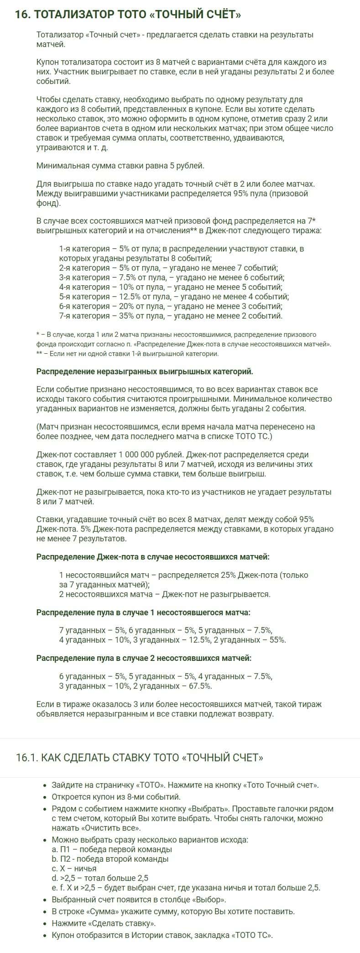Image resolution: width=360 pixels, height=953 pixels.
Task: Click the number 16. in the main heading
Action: click(23, 15)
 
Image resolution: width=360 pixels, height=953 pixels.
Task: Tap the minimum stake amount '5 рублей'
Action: click(187, 166)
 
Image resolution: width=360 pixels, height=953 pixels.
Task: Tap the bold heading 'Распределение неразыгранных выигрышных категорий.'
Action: click(145, 371)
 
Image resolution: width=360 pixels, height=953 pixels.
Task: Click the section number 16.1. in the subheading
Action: click(27, 758)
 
